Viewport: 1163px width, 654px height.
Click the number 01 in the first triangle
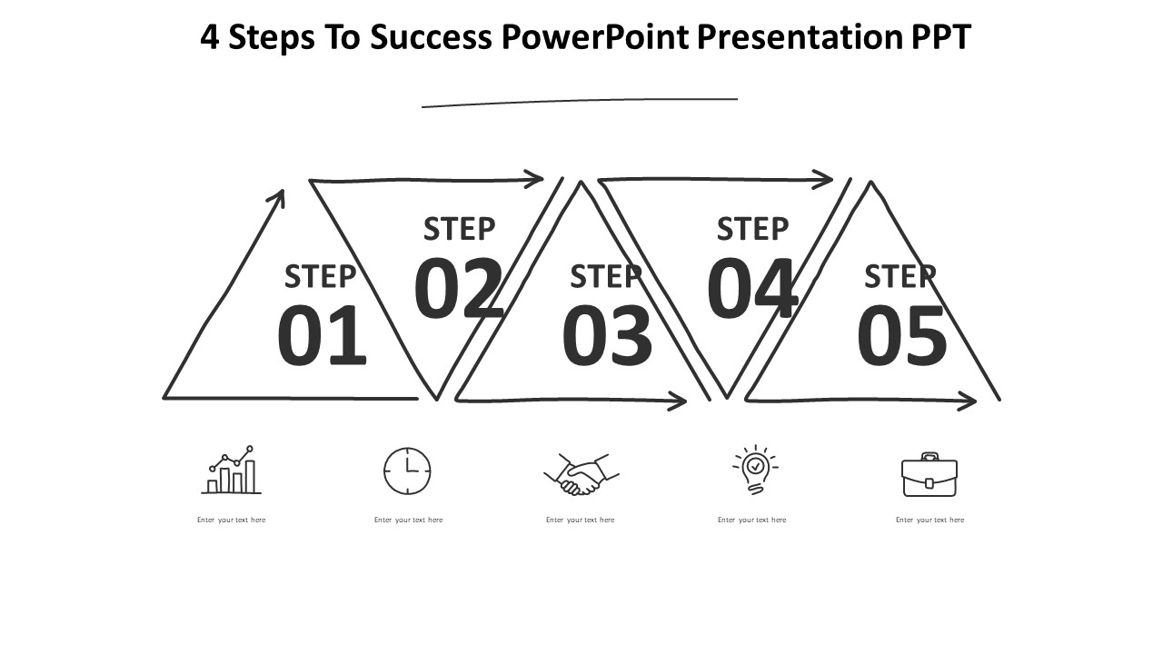[x=322, y=336]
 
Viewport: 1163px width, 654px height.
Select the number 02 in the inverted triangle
[x=458, y=289]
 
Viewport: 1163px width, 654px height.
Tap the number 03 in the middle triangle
[x=607, y=336]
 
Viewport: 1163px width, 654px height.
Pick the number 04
[x=752, y=289]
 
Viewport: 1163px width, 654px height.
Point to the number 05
[x=901, y=336]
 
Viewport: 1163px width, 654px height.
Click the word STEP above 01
[x=320, y=276]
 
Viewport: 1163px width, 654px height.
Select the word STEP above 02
[x=460, y=229]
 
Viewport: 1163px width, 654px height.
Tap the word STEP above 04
[x=752, y=229]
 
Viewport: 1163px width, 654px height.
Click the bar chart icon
[x=231, y=471]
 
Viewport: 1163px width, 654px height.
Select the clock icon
[x=407, y=471]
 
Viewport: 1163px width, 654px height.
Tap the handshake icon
[x=581, y=474]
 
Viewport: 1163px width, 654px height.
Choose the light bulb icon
[x=753, y=470]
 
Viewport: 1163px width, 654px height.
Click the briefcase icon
[x=929, y=475]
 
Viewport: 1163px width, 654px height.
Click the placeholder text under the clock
[x=408, y=520]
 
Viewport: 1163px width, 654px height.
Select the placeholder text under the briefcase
[x=929, y=520]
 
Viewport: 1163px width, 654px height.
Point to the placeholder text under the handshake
[x=580, y=520]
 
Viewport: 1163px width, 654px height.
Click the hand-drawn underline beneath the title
[x=580, y=102]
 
